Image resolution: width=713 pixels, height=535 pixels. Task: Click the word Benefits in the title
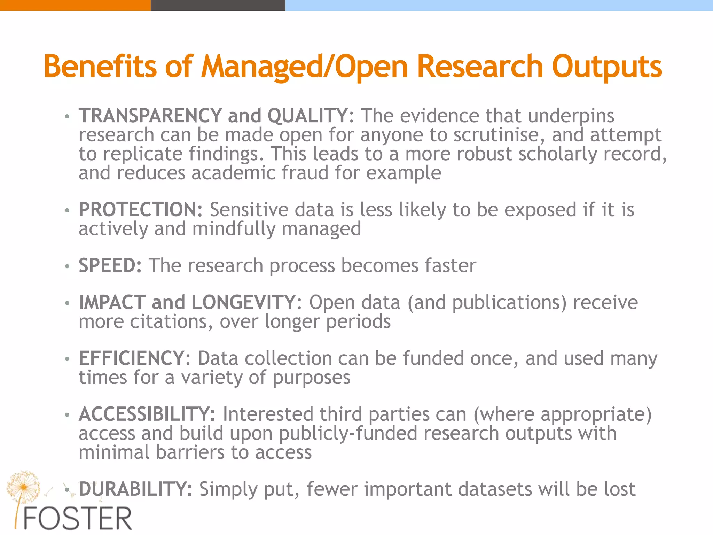(100, 66)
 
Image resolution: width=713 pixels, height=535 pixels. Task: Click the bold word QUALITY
(307, 116)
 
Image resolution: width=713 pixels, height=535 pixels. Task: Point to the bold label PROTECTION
(140, 210)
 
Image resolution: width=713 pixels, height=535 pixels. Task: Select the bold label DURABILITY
(135, 489)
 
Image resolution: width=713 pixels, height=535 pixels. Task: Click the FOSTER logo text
(77, 519)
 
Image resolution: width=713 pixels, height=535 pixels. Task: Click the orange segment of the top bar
(75, 5)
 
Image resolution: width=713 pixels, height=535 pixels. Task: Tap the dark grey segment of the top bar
(218, 5)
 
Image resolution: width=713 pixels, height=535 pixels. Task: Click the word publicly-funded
(348, 434)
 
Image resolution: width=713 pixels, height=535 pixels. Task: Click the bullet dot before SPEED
(67, 266)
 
